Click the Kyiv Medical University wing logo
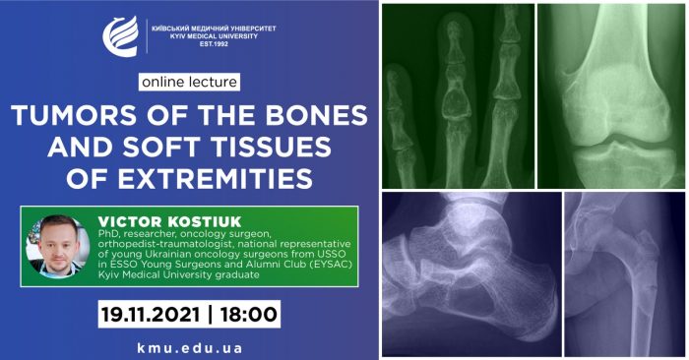[x=120, y=36]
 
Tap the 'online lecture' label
[x=189, y=82]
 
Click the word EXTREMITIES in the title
[x=216, y=179]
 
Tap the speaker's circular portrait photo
[x=58, y=246]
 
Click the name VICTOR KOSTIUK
[x=169, y=221]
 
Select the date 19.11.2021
[x=151, y=315]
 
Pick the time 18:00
[x=249, y=315]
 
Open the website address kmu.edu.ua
[x=189, y=348]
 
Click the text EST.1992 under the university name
[x=214, y=44]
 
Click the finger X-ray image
[x=459, y=96]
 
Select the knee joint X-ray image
[x=611, y=96]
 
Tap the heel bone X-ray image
[x=471, y=274]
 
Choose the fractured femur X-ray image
[x=624, y=274]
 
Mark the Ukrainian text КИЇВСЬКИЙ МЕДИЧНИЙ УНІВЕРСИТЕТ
[x=214, y=29]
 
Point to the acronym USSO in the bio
[x=332, y=254]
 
